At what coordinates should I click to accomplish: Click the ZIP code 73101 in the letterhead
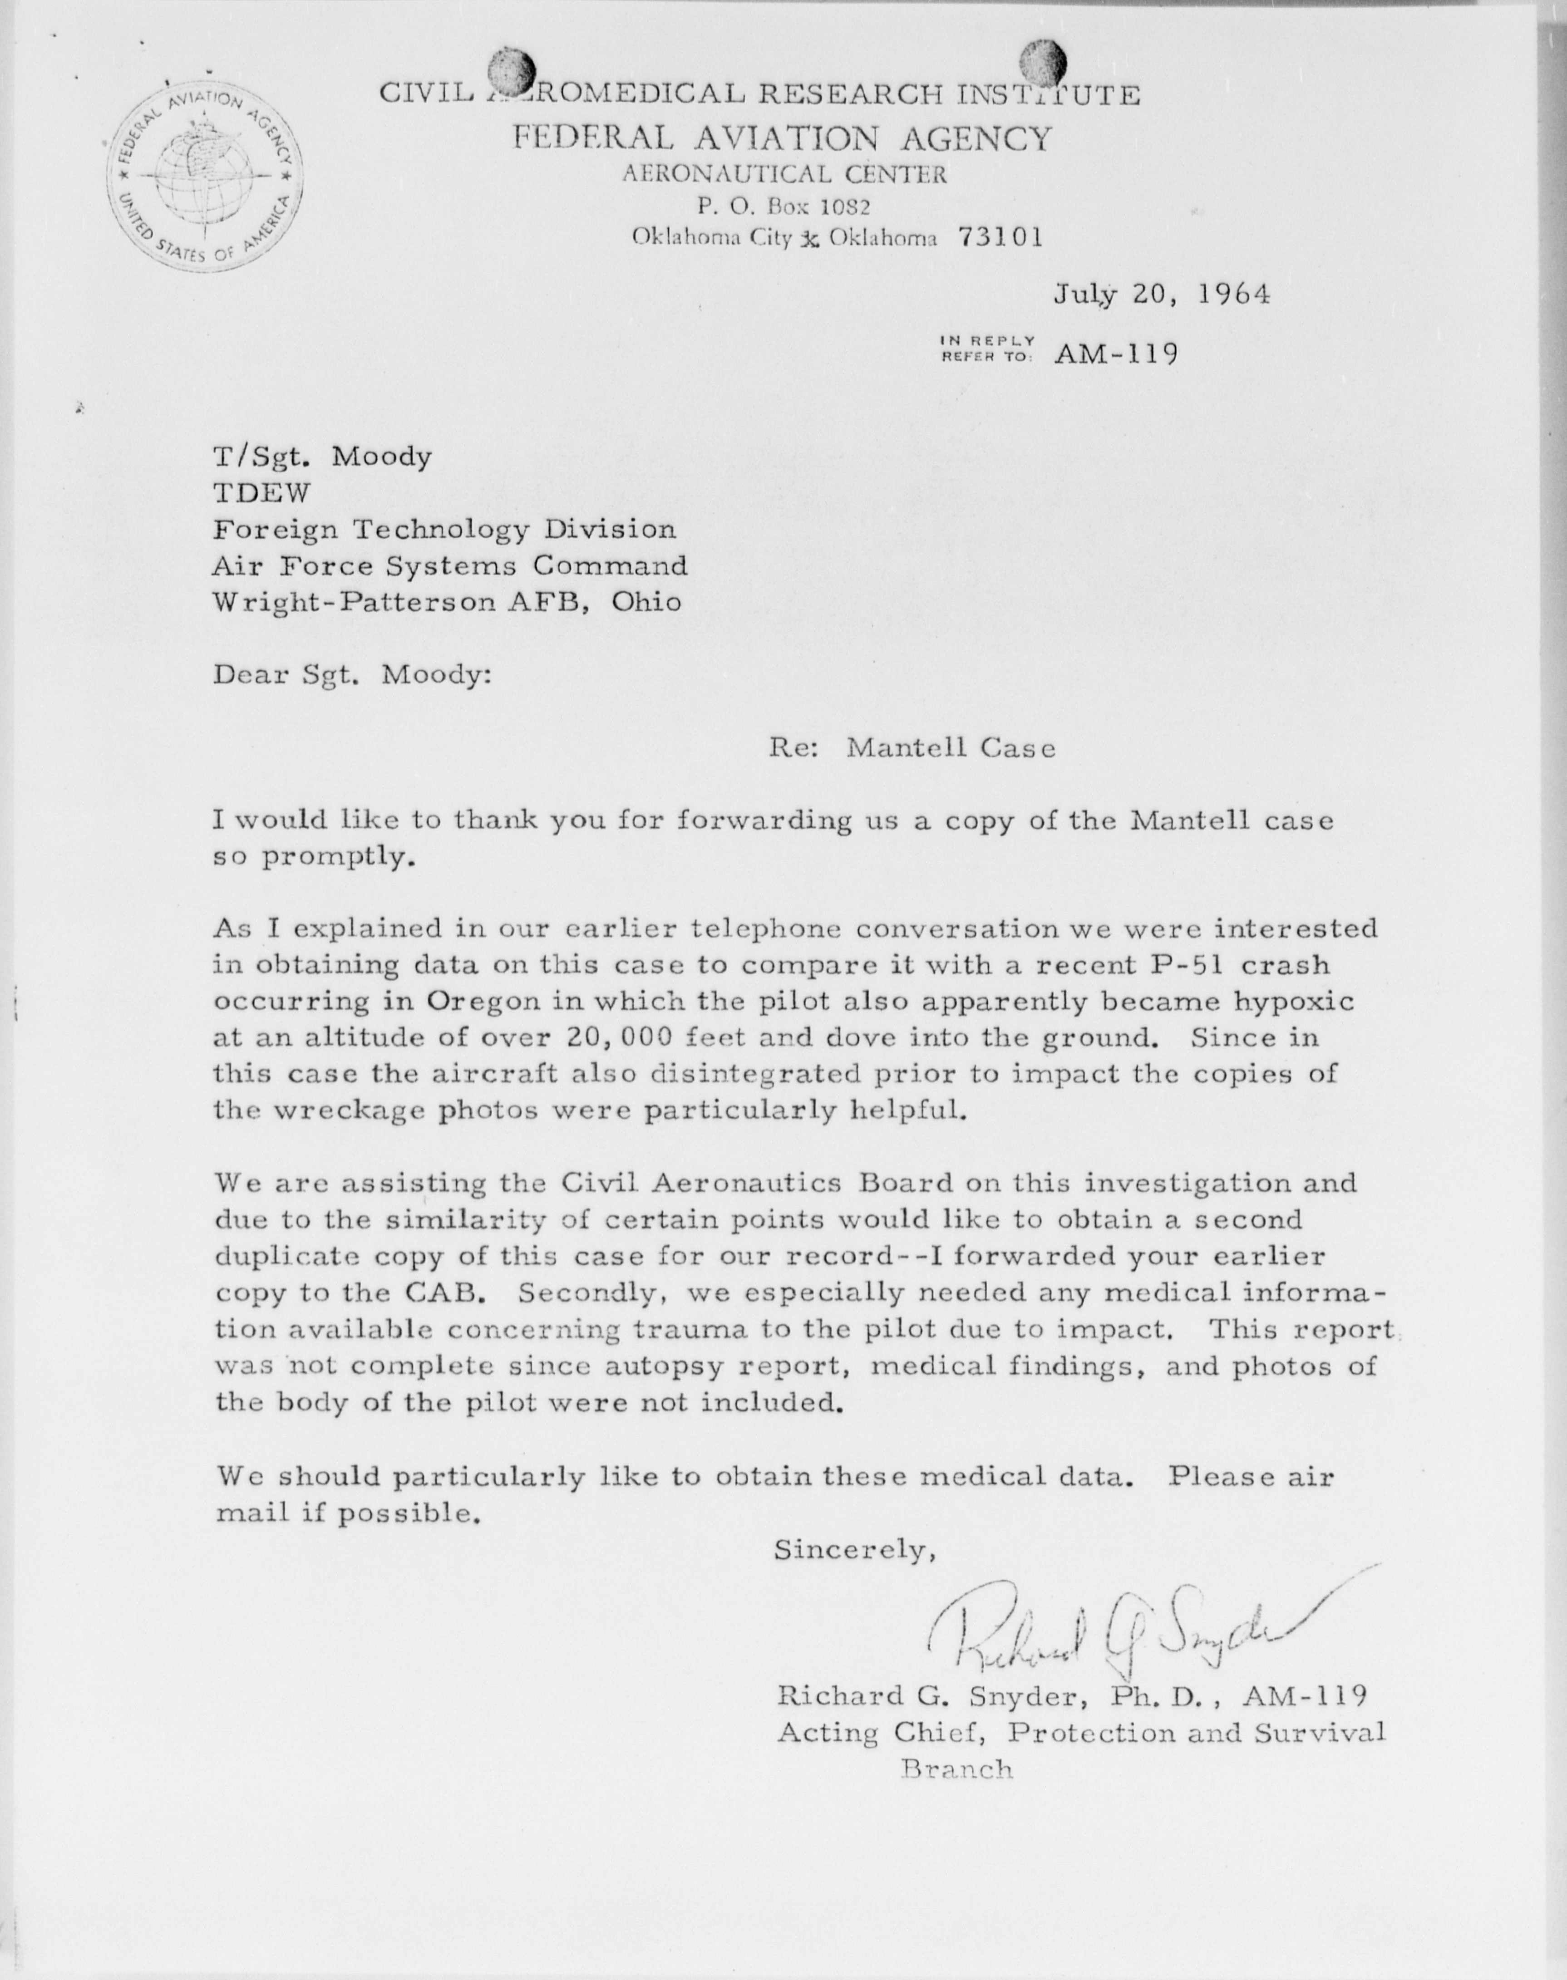(x=1000, y=237)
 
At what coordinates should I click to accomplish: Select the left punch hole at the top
(x=511, y=69)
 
